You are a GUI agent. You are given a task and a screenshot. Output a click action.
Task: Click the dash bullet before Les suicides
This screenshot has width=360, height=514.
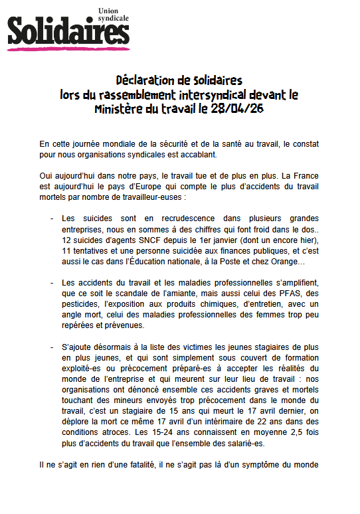tap(52, 218)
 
